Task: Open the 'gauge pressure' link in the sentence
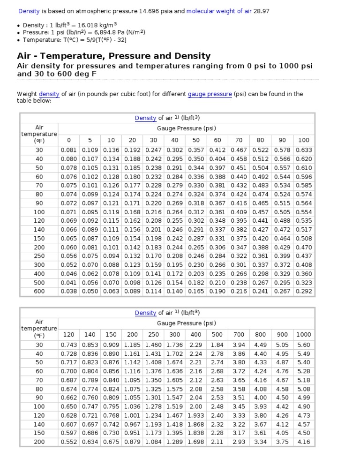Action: tap(210, 94)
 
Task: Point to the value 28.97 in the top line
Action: tap(262, 11)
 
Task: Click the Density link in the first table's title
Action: tap(145, 118)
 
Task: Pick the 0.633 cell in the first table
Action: tap(304, 150)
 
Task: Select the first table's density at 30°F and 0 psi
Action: tap(69, 150)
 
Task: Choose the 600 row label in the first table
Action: tap(39, 291)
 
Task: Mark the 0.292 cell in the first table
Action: tap(304, 291)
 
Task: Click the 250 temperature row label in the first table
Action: tap(39, 256)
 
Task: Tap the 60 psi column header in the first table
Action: tap(217, 140)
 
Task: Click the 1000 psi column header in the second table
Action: tap(304, 334)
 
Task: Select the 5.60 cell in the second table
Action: tap(304, 345)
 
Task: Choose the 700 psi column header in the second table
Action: tap(239, 334)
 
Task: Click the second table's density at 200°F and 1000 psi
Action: tap(304, 442)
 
